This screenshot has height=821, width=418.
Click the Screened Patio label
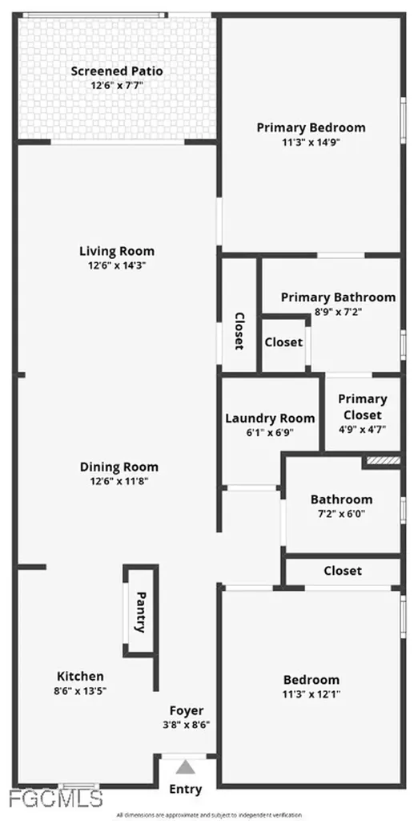pos(117,71)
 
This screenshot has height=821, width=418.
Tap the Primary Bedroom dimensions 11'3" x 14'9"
pos(311,143)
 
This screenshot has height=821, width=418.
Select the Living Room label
pos(117,251)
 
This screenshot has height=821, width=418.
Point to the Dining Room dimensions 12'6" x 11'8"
pos(119,481)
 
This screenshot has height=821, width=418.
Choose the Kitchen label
pos(80,676)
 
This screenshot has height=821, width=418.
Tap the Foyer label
pos(186,710)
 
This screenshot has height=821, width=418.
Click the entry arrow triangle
pos(185,766)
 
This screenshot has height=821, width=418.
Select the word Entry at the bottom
pos(186,790)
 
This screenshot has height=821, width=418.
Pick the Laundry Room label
pos(270,418)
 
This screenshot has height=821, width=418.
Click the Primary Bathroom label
pos(338,297)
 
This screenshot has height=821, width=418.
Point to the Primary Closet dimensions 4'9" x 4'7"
pos(362,429)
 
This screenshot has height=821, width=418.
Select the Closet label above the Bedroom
pos(343,571)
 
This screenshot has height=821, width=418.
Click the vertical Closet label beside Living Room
pos(239,331)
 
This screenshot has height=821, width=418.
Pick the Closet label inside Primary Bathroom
pos(283,342)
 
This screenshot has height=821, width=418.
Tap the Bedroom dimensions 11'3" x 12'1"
pos(311,694)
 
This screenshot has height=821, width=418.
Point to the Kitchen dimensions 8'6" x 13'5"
pos(80,690)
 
